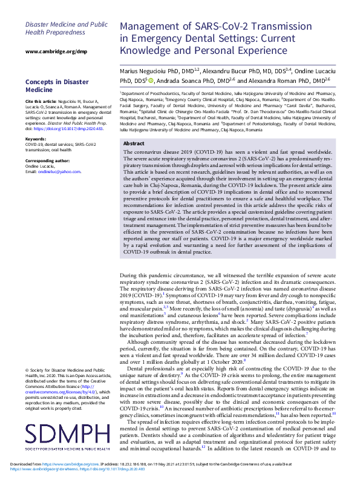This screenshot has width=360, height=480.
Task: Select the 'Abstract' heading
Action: tap(134, 143)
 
